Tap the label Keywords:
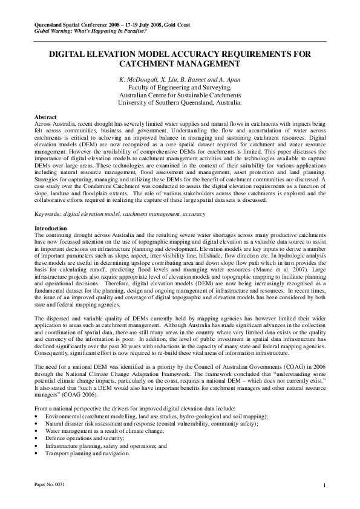(48, 214)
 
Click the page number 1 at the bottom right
(324, 487)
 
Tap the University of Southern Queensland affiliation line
(180, 103)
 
